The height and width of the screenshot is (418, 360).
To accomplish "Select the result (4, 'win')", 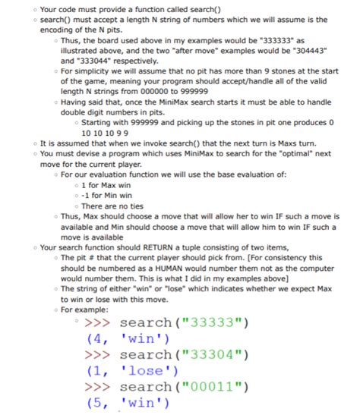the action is [127, 339].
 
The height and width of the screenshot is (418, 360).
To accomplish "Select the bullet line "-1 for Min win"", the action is [109, 196].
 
